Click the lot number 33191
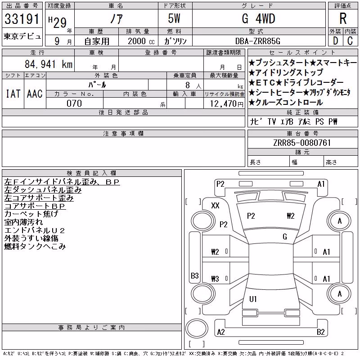click(x=22, y=19)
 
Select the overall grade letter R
click(x=343, y=18)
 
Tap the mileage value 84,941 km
click(x=49, y=64)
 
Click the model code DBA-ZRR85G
click(x=258, y=41)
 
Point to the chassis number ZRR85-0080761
click(x=302, y=143)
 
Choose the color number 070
click(x=74, y=103)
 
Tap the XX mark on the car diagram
click(x=215, y=205)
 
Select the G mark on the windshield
click(x=285, y=237)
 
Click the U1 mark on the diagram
click(x=253, y=299)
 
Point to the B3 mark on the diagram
click(x=195, y=275)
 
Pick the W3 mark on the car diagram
click(x=215, y=279)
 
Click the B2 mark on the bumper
click(x=320, y=332)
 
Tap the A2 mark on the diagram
click(x=221, y=332)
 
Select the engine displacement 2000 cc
click(x=141, y=41)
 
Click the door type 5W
click(x=174, y=18)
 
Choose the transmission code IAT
click(x=13, y=94)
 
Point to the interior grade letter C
click(x=350, y=41)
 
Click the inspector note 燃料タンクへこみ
click(x=35, y=247)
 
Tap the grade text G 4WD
click(x=258, y=18)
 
